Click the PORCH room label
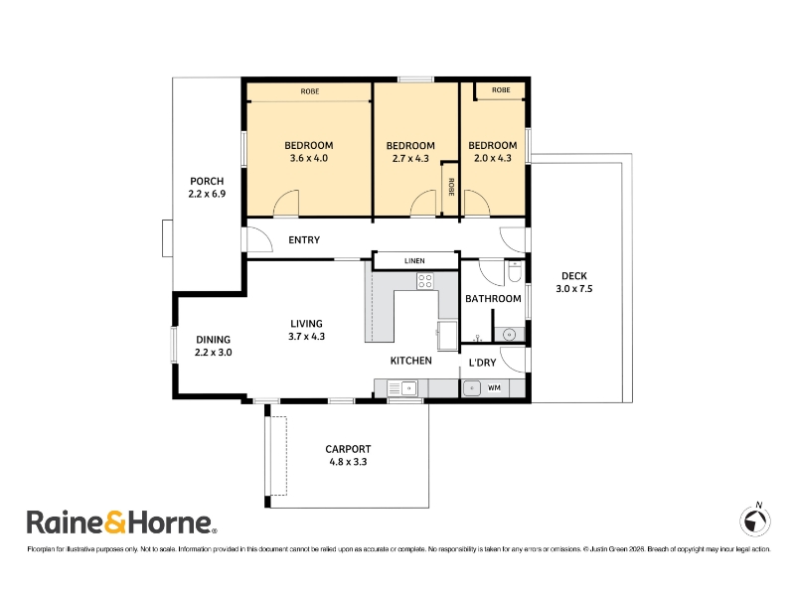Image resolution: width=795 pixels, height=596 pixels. point(207,181)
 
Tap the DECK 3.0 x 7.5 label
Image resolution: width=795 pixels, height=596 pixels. point(574,282)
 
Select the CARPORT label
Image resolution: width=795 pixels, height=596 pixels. point(348,449)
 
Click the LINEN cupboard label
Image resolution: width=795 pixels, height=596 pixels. point(414,260)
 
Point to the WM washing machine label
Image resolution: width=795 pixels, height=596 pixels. point(494,387)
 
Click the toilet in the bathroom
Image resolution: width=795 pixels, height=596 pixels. point(514,272)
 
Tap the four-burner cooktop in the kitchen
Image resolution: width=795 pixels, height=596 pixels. point(425,281)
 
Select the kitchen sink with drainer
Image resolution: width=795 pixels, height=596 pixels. point(402,388)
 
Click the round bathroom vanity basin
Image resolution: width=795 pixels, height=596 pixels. point(509,335)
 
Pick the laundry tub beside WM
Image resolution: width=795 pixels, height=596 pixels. point(471,388)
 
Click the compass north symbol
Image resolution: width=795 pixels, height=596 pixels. point(755,520)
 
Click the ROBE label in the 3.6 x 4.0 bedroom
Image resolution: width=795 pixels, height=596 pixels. point(310,91)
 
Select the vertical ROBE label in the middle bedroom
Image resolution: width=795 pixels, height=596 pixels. point(451,187)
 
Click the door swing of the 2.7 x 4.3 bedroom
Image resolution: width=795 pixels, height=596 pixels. point(423,204)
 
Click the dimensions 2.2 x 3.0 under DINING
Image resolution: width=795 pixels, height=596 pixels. point(214,353)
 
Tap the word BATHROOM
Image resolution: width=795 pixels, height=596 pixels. point(493,299)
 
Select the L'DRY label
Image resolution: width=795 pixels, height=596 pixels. point(482,363)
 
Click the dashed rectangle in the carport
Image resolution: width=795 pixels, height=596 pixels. point(278,456)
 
